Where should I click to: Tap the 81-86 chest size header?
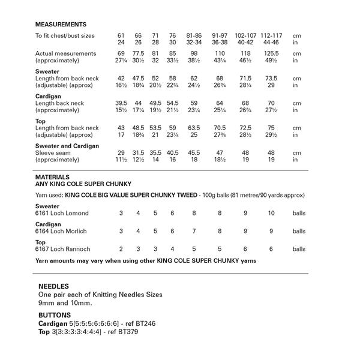tap(194, 36)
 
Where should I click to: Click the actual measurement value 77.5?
tap(138, 54)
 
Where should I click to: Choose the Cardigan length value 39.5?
tap(121, 103)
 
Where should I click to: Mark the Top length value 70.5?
tap(220, 128)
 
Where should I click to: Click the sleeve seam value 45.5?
tap(194, 152)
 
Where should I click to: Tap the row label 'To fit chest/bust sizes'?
tap(65, 36)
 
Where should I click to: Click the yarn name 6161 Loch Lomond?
tap(62, 213)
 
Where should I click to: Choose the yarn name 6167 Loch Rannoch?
tap(62, 249)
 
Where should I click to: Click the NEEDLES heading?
tap(53, 287)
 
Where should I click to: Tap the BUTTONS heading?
tap(55, 315)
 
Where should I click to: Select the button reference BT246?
tap(151, 323)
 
